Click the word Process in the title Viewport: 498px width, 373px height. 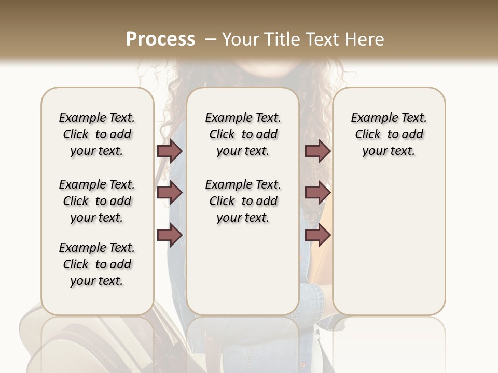(160, 39)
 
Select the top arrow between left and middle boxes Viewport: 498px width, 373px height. (170, 151)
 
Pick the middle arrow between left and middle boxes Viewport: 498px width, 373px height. (170, 193)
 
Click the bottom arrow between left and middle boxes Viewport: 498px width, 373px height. (170, 235)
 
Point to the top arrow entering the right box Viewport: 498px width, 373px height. (317, 151)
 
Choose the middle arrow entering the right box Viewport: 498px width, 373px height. (317, 193)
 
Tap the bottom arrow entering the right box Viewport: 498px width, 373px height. (317, 235)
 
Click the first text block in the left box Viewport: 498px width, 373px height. (97, 134)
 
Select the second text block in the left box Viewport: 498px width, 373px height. (97, 201)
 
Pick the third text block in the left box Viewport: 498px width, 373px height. (97, 264)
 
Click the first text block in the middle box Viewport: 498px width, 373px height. (243, 134)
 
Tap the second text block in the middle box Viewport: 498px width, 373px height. (243, 201)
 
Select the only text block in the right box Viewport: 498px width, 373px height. (389, 134)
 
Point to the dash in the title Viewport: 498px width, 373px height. (210, 39)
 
